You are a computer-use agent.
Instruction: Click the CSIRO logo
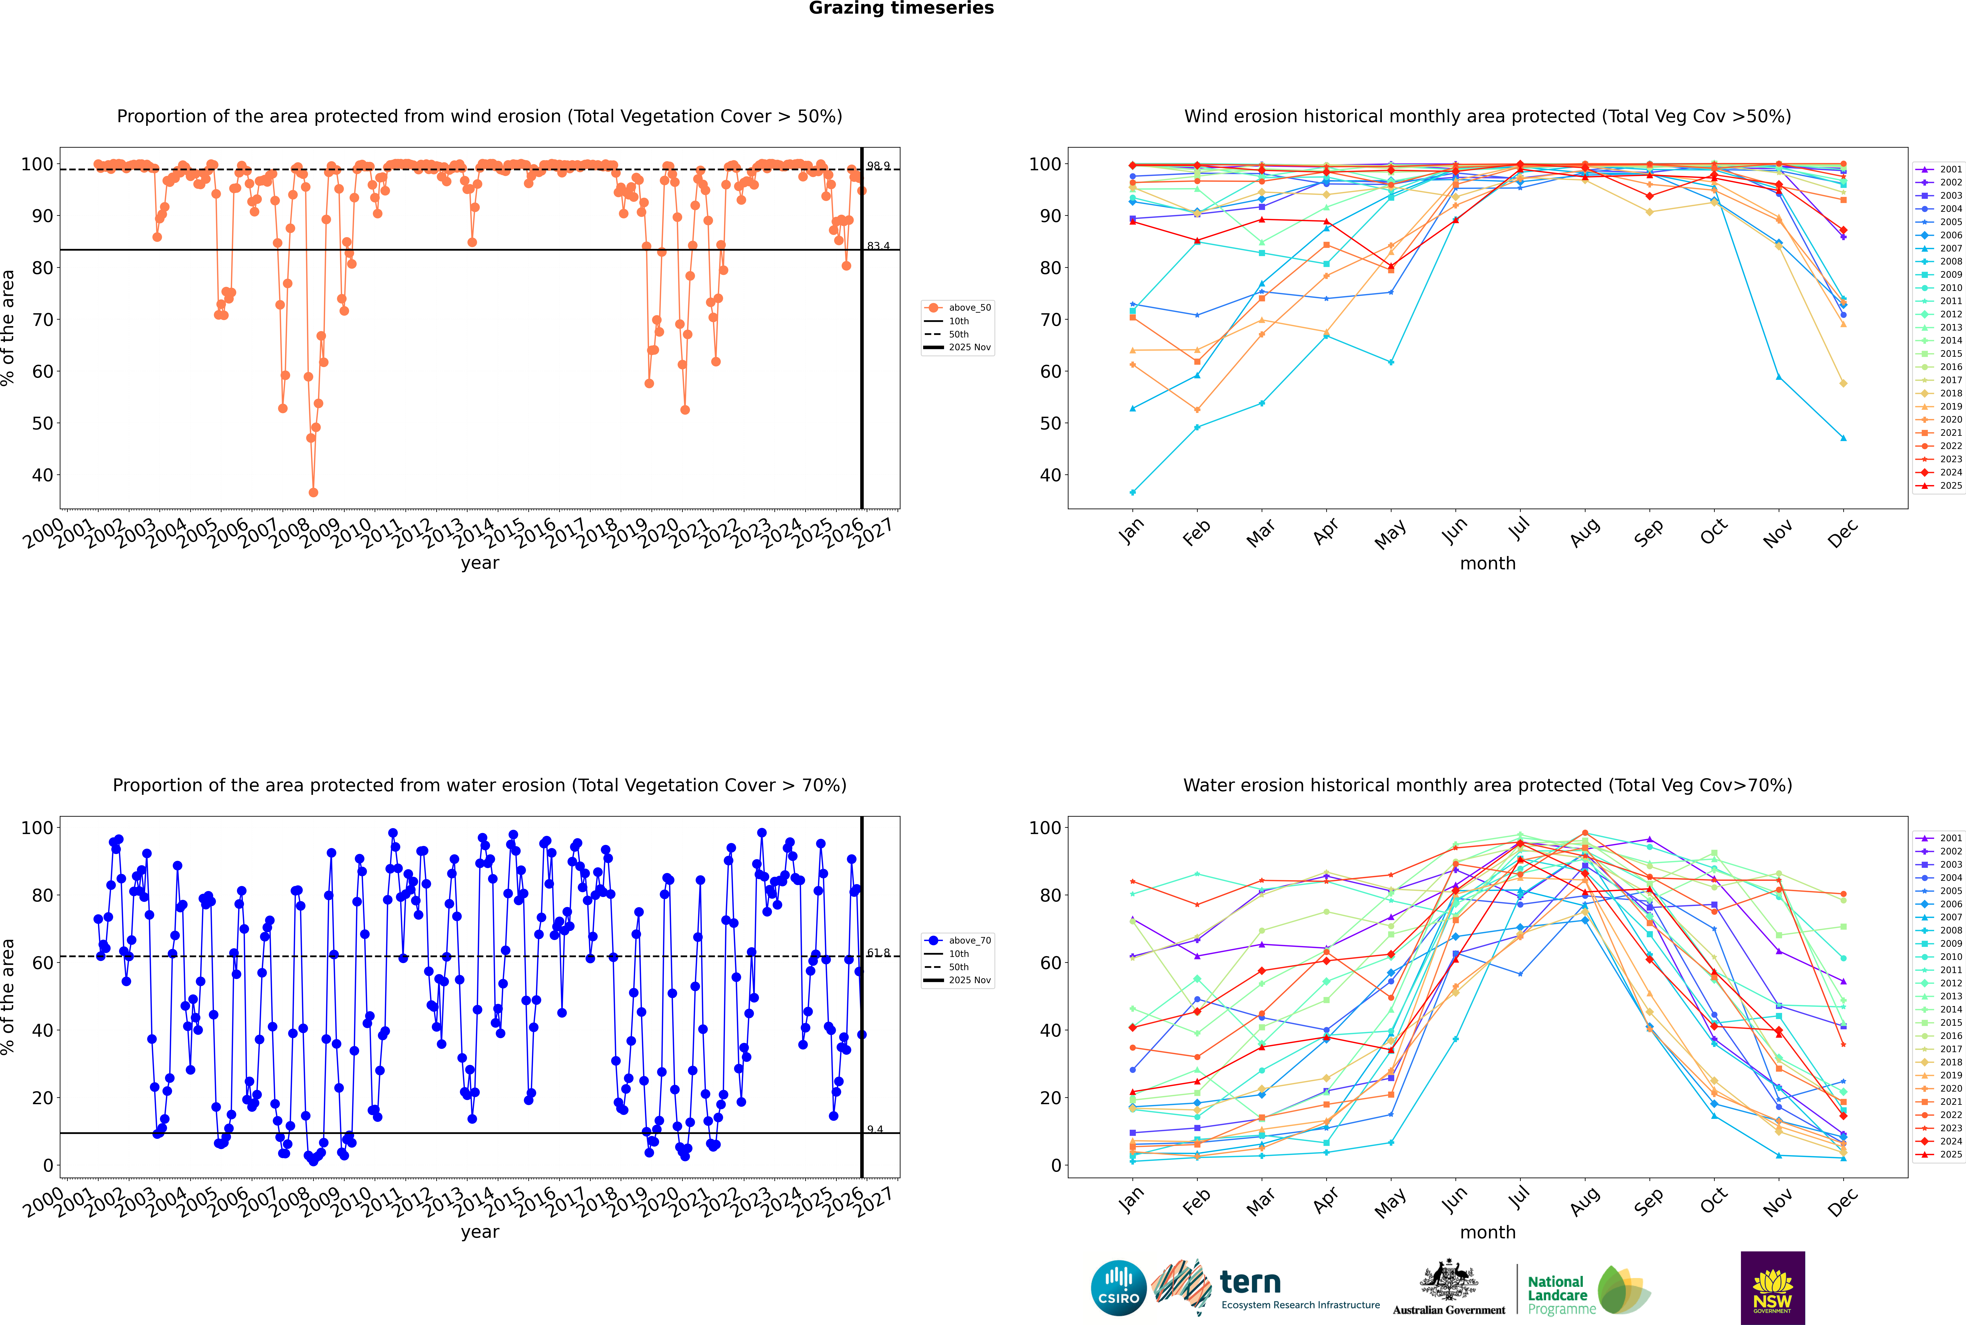point(1118,1288)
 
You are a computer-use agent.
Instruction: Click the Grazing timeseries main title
point(901,8)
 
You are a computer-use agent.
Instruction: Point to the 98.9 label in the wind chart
point(878,167)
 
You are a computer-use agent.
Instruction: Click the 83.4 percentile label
point(878,246)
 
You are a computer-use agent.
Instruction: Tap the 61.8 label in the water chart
point(878,952)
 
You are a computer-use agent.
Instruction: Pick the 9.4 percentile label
point(875,1129)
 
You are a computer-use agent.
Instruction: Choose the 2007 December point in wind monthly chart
point(1844,438)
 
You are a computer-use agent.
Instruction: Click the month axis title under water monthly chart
point(1488,1232)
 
